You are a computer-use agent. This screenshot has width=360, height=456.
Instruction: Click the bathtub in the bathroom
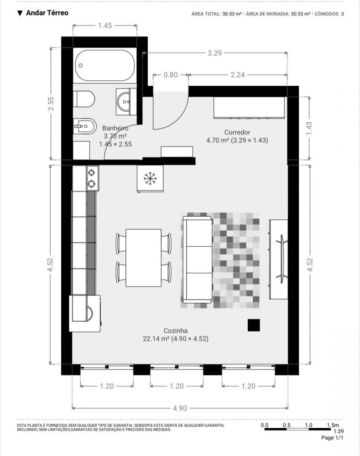coord(105,65)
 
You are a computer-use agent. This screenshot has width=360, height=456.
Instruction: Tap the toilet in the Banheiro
coord(84,99)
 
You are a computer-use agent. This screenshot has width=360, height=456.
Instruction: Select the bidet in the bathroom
coord(85,126)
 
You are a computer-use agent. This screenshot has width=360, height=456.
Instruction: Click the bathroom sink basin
coord(126,102)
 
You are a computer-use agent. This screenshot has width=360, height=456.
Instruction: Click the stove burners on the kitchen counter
coord(93,178)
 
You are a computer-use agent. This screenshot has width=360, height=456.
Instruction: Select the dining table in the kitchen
coord(143,258)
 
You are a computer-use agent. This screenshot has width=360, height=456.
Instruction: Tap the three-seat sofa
coord(197,259)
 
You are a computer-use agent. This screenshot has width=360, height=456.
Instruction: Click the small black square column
coord(254,325)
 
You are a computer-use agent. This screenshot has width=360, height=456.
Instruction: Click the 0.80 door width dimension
coord(171,75)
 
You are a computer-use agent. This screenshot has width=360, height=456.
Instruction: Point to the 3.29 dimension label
coord(214,53)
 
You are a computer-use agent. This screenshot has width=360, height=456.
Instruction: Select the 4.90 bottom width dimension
coord(180,408)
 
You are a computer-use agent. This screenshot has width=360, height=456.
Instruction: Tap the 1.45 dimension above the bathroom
coord(105,26)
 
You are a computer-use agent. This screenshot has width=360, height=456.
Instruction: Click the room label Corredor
coord(237,132)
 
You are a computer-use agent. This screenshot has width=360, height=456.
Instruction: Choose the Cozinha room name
coord(176,331)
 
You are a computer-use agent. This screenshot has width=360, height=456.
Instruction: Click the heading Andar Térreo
coord(47,13)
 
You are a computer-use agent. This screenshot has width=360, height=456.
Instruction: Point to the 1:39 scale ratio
coord(339,431)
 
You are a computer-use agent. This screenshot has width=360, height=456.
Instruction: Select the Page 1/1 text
coord(332,438)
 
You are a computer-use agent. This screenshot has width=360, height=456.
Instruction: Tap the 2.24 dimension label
coord(238,75)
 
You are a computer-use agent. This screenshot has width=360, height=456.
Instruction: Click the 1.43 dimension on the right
coord(309,128)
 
